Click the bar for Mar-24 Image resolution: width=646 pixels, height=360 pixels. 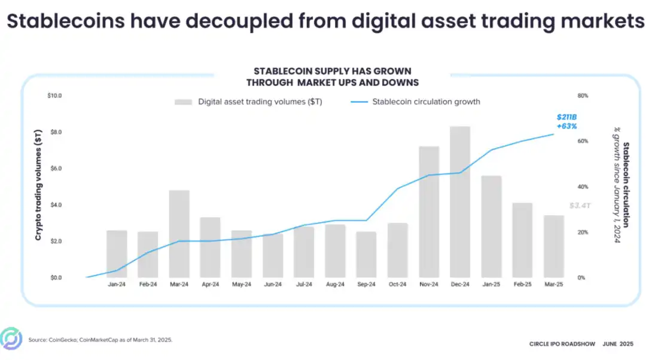(x=179, y=234)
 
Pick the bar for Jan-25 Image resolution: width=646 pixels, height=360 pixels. (x=491, y=227)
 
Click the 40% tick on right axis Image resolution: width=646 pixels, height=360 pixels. (x=583, y=187)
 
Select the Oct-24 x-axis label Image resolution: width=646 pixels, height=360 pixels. (x=398, y=285)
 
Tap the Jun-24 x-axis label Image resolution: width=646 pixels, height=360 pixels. (x=273, y=285)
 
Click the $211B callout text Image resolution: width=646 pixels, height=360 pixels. (x=566, y=117)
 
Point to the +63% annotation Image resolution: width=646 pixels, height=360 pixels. (x=566, y=126)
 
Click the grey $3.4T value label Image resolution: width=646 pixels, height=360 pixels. (x=580, y=206)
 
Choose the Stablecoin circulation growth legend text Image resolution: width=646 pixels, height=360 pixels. (x=426, y=102)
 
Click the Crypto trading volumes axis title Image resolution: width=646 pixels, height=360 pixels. (x=38, y=185)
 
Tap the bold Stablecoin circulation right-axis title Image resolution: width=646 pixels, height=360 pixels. (x=626, y=185)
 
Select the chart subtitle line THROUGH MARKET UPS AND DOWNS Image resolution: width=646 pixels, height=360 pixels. (x=332, y=82)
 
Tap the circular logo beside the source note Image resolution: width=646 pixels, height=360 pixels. (x=11, y=339)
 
